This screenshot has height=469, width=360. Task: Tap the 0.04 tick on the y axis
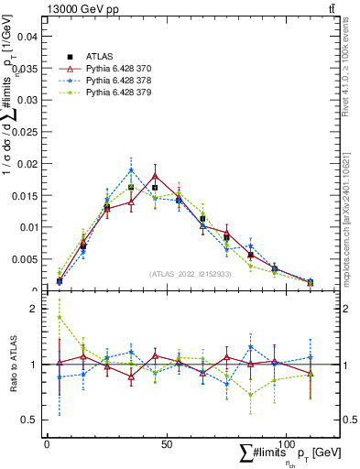(29, 37)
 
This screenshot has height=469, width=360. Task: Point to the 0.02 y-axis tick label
(29, 164)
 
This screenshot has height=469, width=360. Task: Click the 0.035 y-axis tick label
(27, 69)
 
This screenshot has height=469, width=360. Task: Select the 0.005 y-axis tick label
(27, 259)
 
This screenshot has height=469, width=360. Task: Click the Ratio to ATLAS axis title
(13, 364)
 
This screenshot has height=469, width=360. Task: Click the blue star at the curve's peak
(131, 169)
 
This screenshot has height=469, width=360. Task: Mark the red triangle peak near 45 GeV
(155, 175)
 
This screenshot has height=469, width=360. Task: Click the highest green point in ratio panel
(60, 318)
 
